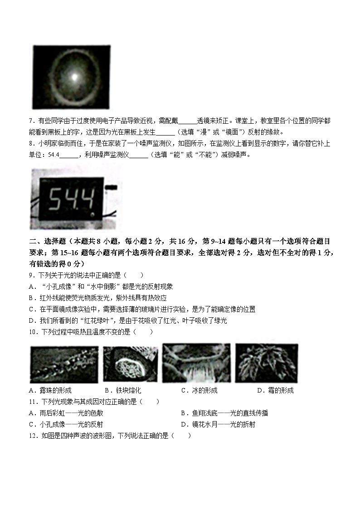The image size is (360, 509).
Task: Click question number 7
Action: click(31, 121)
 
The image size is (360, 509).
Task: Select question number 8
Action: click(31, 144)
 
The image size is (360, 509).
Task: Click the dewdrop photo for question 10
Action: click(64, 364)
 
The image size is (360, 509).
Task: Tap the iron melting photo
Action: click(131, 364)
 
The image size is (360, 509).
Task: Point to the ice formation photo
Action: click(196, 363)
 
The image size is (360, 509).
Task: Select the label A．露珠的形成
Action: click(50, 390)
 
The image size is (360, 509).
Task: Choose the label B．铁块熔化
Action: click(123, 390)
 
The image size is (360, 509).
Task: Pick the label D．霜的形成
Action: click(275, 390)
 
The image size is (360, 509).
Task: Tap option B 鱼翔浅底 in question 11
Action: click(224, 413)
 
